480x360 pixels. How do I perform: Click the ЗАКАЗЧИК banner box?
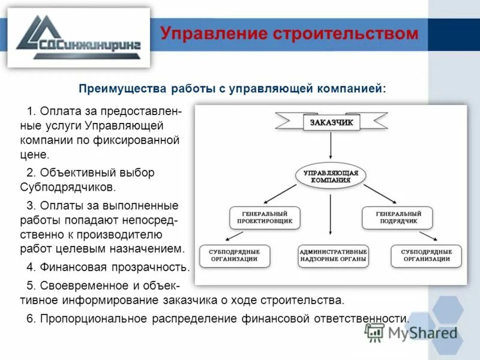tap(331, 123)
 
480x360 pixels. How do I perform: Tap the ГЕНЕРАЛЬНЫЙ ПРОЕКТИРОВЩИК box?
tap(265, 217)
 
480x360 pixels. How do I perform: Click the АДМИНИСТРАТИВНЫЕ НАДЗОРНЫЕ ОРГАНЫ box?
tap(333, 255)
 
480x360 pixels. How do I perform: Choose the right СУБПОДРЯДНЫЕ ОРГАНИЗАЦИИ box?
tap(426, 255)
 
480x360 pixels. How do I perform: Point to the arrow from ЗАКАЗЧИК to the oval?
tap(331, 147)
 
